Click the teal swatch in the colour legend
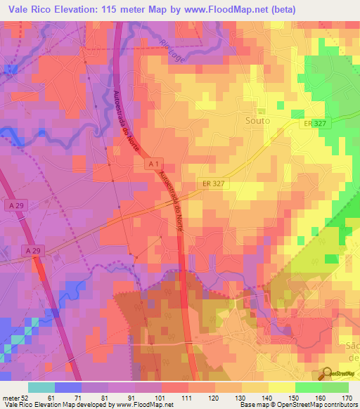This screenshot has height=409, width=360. [x=41, y=387]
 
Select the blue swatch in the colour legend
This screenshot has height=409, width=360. [x=67, y=387]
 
